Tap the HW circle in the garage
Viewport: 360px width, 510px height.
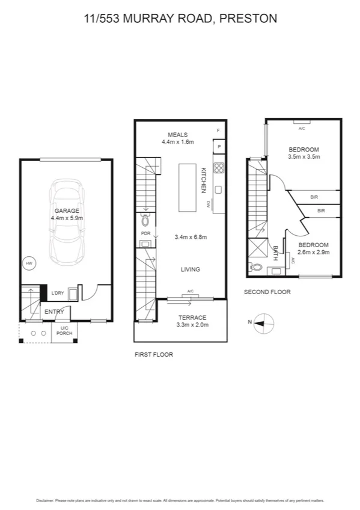[x=28, y=263]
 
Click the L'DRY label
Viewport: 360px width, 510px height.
[x=58, y=293]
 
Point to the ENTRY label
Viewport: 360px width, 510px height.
[x=54, y=312]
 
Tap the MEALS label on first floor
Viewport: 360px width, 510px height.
[x=178, y=135]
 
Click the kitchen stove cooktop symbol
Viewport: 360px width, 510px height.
[x=219, y=168]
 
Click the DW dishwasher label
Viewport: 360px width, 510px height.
[x=208, y=204]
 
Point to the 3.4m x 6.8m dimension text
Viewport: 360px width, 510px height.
[x=191, y=237]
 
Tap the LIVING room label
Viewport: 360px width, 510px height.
[x=191, y=269]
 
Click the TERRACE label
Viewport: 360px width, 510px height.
[x=192, y=318]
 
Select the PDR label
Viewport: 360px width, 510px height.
[x=145, y=233]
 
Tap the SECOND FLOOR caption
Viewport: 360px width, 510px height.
[x=267, y=292]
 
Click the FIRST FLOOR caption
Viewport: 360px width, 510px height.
[x=154, y=355]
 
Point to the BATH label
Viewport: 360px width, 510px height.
[x=276, y=251]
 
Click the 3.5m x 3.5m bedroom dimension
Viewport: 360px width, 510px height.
[x=304, y=157]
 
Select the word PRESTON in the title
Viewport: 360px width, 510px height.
[x=248, y=19]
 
